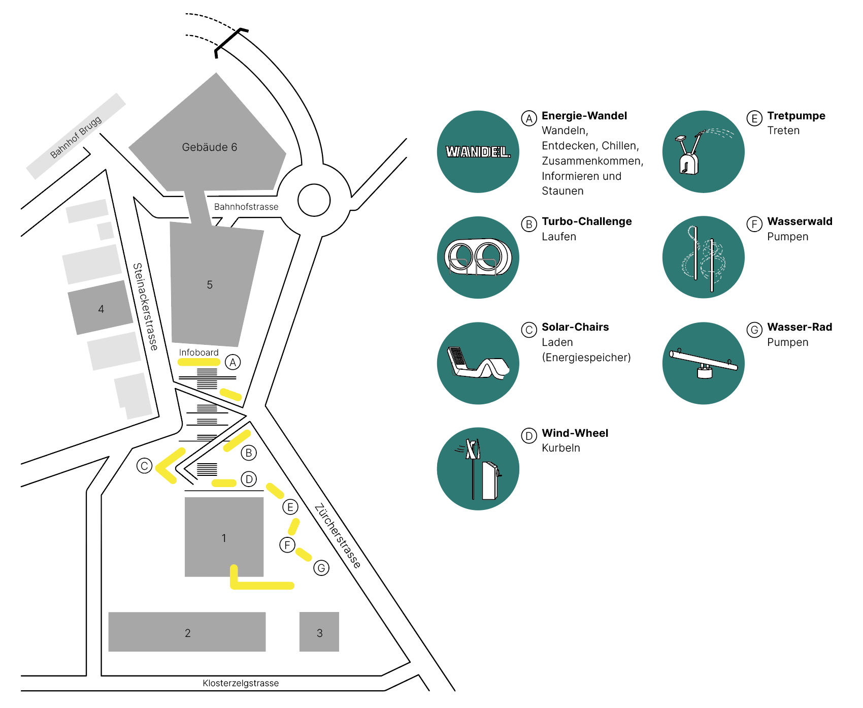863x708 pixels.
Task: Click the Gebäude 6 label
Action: [x=209, y=147]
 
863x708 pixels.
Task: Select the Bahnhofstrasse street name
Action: [x=246, y=207]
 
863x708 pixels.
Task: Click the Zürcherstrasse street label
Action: [x=338, y=536]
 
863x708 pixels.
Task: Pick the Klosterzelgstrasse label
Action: [x=241, y=683]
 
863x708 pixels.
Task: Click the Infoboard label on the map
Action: [x=198, y=352]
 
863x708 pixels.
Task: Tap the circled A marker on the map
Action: [x=233, y=362]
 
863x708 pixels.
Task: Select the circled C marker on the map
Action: [x=144, y=466]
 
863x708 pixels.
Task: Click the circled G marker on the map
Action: [x=321, y=568]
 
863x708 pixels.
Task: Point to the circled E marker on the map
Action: [x=290, y=507]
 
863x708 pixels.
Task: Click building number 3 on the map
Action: [x=319, y=633]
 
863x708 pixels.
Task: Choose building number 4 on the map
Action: [x=101, y=309]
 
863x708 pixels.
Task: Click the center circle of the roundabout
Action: [x=314, y=200]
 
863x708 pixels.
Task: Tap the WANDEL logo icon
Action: [x=478, y=151]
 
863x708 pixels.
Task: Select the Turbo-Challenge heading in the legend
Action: [x=586, y=221]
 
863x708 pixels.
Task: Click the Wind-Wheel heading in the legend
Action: [x=575, y=433]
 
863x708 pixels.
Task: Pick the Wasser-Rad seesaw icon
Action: [x=703, y=363]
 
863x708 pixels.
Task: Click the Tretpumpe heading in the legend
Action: [x=796, y=116]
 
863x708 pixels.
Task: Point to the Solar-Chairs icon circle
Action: [x=478, y=363]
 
